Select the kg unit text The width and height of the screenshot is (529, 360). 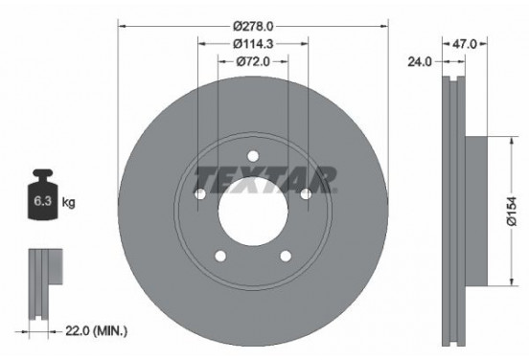coord(70,203)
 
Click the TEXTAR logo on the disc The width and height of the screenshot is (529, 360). coord(265,178)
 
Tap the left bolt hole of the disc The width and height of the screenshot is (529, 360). coord(200,195)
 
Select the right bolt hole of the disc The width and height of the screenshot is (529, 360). coord(306,195)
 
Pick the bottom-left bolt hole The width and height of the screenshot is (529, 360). coord(220,257)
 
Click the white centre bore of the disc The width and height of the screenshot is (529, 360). coord(253,213)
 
